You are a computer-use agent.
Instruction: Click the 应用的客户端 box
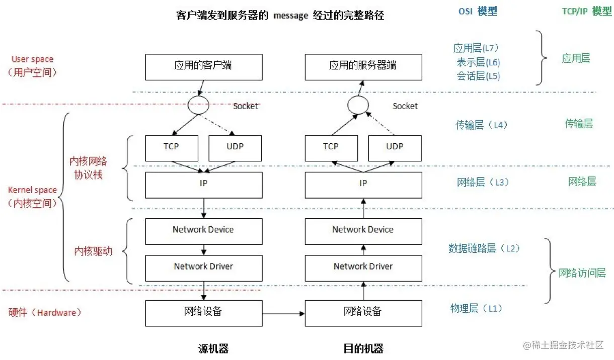pos(203,67)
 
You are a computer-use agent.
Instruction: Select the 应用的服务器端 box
pos(363,67)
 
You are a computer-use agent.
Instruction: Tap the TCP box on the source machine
pos(171,147)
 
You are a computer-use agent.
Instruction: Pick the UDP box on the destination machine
pos(395,147)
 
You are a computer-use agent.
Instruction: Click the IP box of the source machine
pos(203,185)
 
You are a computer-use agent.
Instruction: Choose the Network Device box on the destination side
pos(363,230)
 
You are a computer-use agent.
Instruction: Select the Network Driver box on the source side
pos(203,267)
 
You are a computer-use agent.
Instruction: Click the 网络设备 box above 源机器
pos(203,312)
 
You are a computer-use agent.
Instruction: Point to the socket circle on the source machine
pos(198,105)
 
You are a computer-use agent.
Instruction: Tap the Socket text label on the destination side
pos(405,106)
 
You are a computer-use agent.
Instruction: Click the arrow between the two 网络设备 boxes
pos(283,313)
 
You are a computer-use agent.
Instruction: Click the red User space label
pos(32,59)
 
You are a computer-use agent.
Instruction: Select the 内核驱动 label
pos(93,251)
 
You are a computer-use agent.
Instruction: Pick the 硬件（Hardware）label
pos(45,313)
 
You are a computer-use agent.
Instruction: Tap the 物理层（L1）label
pos(476,308)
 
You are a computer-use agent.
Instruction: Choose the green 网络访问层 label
pos(582,273)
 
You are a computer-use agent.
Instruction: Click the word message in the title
pos(290,16)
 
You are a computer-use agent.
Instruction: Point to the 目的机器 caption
pos(363,348)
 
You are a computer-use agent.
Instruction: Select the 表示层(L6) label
pos(478,62)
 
